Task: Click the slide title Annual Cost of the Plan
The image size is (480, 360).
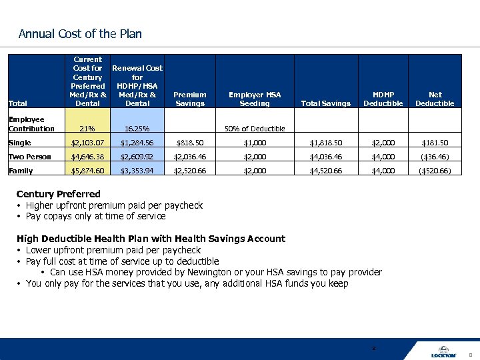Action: [80, 34]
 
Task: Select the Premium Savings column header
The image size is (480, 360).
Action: [190, 99]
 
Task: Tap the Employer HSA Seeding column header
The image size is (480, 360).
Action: [255, 99]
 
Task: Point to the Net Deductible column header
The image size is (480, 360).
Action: [435, 99]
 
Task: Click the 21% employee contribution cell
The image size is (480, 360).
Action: [87, 129]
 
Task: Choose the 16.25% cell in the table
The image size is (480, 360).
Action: [137, 129]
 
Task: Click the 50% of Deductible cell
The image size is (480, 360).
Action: [255, 129]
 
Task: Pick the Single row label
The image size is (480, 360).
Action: [19, 143]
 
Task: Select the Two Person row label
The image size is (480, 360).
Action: [29, 157]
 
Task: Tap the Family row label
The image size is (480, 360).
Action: [19, 171]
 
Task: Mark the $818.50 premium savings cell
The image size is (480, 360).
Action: [190, 143]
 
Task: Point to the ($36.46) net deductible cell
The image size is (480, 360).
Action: [435, 157]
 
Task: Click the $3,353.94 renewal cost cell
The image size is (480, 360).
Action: [137, 171]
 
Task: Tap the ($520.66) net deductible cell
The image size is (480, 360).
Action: [435, 171]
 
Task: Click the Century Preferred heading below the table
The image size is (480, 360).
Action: [58, 194]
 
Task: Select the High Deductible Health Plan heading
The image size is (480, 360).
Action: [151, 239]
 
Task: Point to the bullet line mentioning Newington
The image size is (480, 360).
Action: [215, 272]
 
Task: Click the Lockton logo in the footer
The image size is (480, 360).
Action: [443, 351]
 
